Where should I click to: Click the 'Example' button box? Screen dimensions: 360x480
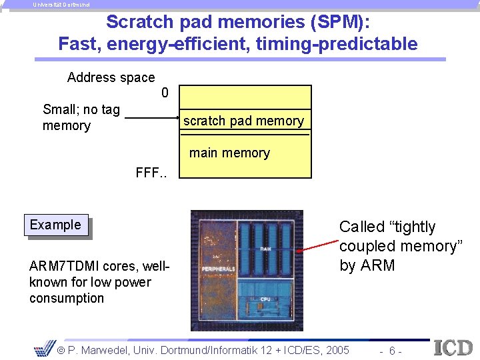coord(56,225)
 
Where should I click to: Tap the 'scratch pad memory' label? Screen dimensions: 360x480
coord(243,121)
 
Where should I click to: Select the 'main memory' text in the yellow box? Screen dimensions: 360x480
coord(229,153)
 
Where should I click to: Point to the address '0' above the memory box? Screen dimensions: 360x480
coord(165,93)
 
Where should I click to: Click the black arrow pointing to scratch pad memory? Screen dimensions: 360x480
coord(152,119)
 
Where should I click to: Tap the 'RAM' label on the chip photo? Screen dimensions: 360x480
coord(265,248)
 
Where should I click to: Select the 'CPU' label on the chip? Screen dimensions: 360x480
coord(265,299)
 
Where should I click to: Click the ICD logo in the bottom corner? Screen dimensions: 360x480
coord(453,348)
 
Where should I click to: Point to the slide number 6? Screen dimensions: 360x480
coord(393,351)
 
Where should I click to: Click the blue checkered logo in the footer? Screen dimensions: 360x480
coord(44,349)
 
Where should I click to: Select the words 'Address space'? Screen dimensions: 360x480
coord(111,77)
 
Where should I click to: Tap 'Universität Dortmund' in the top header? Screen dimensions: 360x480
coord(61,4)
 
